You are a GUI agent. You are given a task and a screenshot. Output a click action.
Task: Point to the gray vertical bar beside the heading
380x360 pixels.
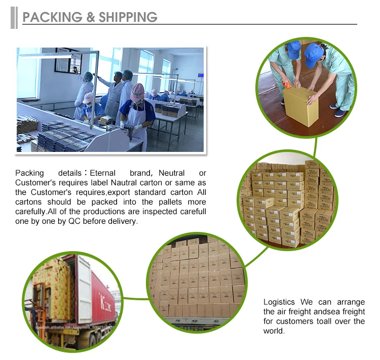click(14, 18)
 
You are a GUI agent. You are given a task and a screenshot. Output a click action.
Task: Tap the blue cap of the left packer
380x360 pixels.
click(293, 49)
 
